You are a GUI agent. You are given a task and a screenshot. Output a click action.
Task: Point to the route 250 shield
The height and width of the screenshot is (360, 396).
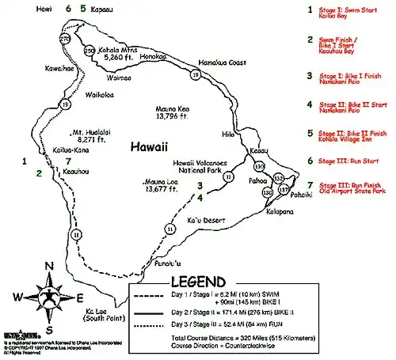pos(90,51)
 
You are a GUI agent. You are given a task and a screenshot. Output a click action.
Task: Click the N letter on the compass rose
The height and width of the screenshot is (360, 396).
pos(49,267)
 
